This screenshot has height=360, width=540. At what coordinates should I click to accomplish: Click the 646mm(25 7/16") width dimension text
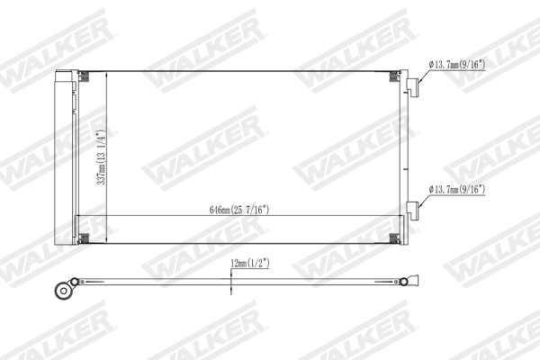[x=240, y=210]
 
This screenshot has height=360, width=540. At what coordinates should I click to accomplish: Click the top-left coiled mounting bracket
[x=84, y=77]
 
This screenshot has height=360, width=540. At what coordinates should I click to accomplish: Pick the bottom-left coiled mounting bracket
[x=84, y=238]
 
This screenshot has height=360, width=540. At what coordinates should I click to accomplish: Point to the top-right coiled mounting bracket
[x=395, y=77]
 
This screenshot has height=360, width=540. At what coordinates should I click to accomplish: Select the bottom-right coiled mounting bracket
[x=395, y=238]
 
